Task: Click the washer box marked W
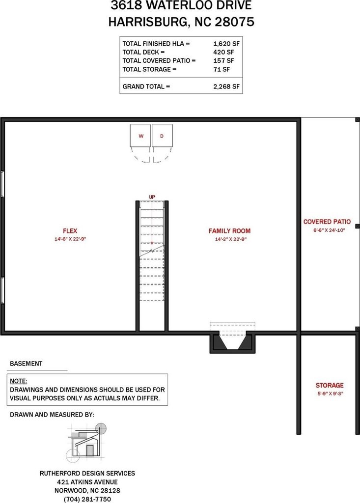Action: tap(140, 136)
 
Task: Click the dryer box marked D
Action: tap(163, 136)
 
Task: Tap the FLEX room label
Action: tap(70, 231)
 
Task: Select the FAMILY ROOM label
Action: tap(229, 231)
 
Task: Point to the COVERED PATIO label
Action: tap(327, 222)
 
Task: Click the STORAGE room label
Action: tap(330, 385)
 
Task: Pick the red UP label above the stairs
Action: tap(152, 197)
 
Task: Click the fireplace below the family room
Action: tap(232, 342)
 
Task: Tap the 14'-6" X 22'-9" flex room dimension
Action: tap(70, 239)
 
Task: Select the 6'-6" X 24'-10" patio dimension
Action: tap(329, 230)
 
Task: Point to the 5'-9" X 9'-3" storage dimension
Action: tap(330, 393)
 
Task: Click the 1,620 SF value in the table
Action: tap(226, 44)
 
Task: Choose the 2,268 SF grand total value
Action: tap(226, 86)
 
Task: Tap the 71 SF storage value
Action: tap(222, 69)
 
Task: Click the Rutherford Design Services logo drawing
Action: tap(86, 443)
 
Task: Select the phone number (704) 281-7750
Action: tap(87, 499)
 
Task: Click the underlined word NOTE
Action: tap(19, 381)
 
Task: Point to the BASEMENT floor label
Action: tap(26, 363)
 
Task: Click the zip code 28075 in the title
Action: tap(235, 22)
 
